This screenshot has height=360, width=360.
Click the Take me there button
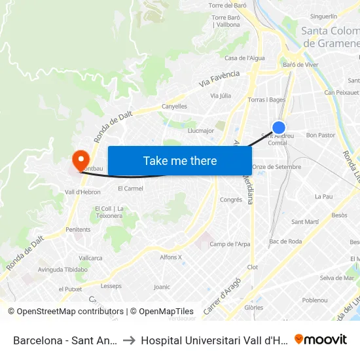point(180,160)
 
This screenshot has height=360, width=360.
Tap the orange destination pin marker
point(81,159)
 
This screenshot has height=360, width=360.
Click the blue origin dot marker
point(279,128)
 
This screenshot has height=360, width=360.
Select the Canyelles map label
point(174,106)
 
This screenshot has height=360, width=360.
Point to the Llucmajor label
point(200,130)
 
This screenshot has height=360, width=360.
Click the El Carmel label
point(130,189)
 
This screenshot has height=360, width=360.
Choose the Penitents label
point(78,230)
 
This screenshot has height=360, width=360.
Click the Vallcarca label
point(90,258)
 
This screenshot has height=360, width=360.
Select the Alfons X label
point(171,257)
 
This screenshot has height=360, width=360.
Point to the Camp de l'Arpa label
point(230,244)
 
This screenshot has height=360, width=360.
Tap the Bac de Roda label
point(285,242)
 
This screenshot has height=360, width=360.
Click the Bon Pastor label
point(321,135)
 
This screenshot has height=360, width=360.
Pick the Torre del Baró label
point(227,5)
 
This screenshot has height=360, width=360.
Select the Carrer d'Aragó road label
point(219,297)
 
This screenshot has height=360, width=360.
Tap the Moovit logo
point(321,339)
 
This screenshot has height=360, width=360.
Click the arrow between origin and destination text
point(129,340)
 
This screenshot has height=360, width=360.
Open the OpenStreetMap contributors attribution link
point(65,312)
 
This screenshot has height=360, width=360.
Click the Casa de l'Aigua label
point(245,58)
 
